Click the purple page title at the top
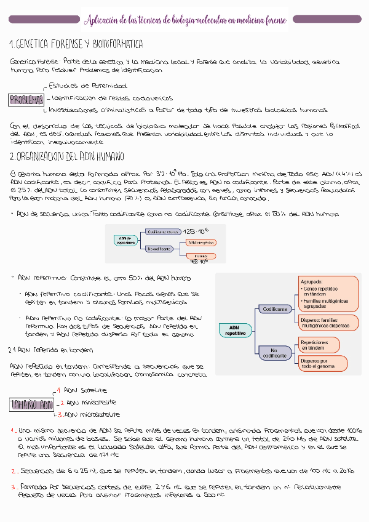[x=184, y=20]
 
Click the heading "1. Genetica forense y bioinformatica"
[x=76, y=45]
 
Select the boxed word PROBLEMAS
[x=26, y=99]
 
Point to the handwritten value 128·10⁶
[x=196, y=231]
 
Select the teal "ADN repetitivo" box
[x=234, y=330]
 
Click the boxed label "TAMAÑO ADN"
[x=31, y=404]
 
